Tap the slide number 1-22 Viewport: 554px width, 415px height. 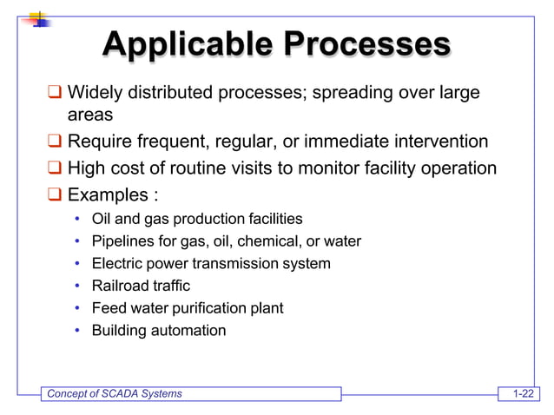pyautogui.click(x=523, y=394)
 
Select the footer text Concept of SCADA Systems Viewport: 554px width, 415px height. pyautogui.click(x=114, y=394)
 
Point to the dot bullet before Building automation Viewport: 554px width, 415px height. pyautogui.click(x=78, y=331)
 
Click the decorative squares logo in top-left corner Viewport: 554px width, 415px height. pyautogui.click(x=38, y=18)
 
